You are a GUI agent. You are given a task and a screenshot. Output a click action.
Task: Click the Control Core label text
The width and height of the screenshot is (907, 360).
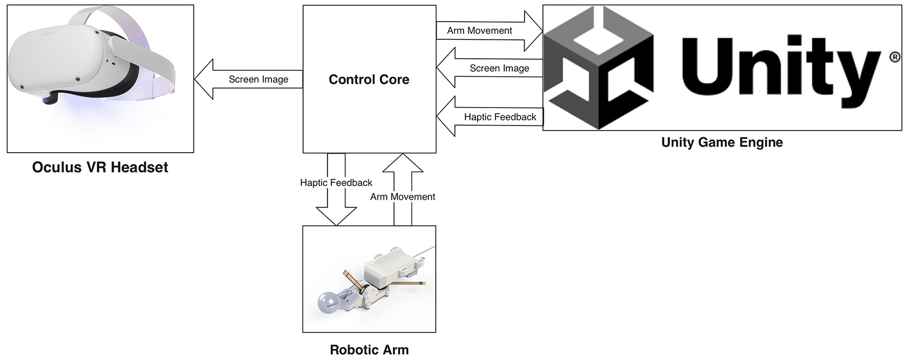[x=369, y=79]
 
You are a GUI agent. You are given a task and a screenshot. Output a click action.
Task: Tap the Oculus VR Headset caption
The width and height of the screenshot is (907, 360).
[x=100, y=167]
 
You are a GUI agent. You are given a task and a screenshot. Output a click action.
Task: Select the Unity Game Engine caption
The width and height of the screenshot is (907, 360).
[x=722, y=142]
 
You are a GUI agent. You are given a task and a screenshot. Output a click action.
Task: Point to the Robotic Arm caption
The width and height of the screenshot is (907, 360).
[x=369, y=350]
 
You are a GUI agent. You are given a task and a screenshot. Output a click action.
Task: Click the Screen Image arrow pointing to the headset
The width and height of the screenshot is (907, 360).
[x=248, y=79]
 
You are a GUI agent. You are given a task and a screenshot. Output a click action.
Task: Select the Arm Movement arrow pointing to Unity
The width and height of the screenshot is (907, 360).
[x=489, y=31]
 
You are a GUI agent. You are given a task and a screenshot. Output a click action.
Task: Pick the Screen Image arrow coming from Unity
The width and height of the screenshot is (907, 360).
[x=489, y=68]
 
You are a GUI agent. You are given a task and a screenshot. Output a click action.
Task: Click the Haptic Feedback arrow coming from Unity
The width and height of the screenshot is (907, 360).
[x=489, y=116]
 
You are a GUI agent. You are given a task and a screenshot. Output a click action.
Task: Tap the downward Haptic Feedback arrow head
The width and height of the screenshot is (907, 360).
[x=336, y=215]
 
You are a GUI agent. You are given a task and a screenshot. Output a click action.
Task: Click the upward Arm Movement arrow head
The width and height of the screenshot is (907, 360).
[x=403, y=163]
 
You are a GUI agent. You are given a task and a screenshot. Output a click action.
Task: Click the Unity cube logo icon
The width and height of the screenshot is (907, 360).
[x=598, y=67]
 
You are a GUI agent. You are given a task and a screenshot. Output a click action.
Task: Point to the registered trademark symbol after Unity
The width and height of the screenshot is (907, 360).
[x=895, y=57]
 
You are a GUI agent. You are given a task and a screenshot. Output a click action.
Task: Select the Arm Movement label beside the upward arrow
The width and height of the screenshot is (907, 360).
[x=403, y=197]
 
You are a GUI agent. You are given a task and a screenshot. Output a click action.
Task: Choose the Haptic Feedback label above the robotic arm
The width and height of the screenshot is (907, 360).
[x=336, y=183]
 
